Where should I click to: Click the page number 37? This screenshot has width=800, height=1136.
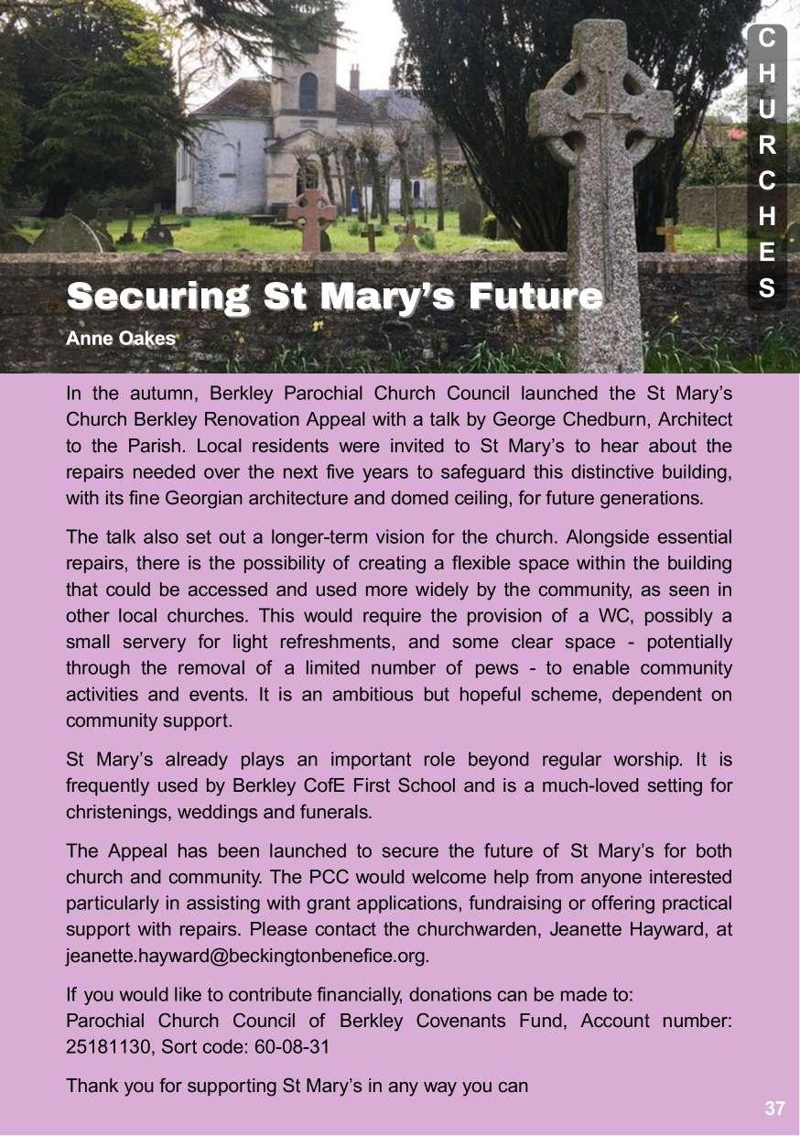pos(774,1109)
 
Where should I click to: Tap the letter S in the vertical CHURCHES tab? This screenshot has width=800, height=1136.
pos(768,287)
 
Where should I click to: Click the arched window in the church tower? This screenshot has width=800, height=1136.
pos(308,91)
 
